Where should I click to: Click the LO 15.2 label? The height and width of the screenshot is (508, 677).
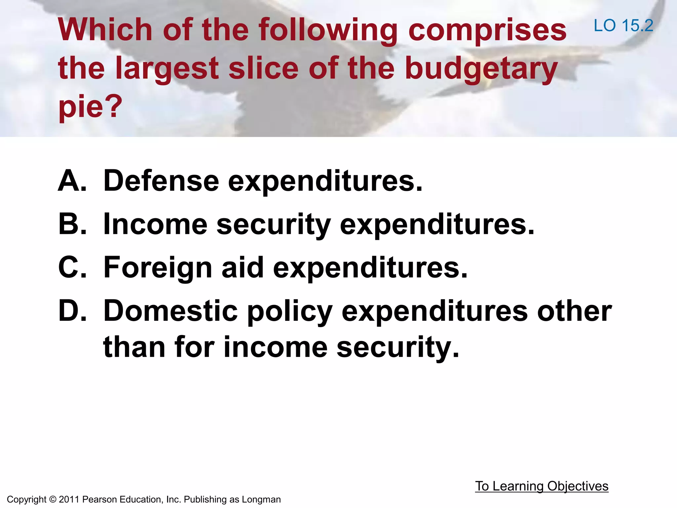pos(623,25)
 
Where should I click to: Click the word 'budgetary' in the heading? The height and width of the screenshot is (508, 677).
pos(481,68)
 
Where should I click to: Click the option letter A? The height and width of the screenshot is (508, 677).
pos(72,181)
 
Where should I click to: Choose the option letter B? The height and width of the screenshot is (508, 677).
pos(72,224)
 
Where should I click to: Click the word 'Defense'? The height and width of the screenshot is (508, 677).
pos(161,181)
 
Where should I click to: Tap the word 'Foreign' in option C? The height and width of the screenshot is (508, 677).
pos(158,268)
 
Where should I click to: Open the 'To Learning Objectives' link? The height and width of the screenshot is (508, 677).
pos(541,486)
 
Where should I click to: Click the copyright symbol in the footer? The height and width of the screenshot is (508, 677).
pos(53,499)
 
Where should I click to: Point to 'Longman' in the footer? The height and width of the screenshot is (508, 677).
pos(261,499)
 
